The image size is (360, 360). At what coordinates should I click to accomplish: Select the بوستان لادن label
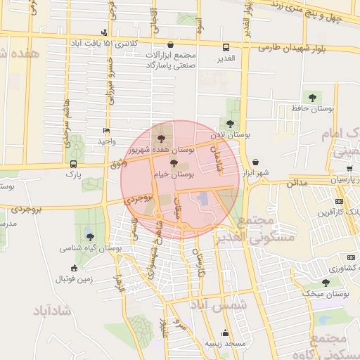[x=231, y=134]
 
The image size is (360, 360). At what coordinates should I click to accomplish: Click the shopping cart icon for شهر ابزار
[x=255, y=162]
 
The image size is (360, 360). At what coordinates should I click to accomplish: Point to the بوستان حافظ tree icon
[x=312, y=97]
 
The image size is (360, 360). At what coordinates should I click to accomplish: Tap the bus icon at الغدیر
[x=226, y=48]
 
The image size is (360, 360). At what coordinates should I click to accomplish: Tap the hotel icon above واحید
[x=106, y=131]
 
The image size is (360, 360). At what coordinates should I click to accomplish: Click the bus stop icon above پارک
[x=73, y=163]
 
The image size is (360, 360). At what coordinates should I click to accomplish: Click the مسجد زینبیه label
[x=226, y=343]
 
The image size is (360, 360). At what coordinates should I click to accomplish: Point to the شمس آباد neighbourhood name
[x=218, y=307]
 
